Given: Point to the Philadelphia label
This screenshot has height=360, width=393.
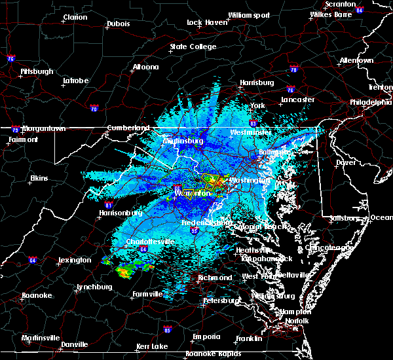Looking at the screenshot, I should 371,102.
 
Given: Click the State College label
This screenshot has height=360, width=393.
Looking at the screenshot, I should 193,46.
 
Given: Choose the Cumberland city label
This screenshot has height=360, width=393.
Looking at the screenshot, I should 124,128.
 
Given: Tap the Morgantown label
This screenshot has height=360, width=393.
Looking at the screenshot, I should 44,128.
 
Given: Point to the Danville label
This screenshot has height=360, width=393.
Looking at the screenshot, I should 75,344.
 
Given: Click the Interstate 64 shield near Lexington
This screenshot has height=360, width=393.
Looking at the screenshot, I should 33,261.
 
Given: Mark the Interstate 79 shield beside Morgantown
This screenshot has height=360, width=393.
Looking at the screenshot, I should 15,130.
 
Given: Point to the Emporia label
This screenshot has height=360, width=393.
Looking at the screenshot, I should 206,336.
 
